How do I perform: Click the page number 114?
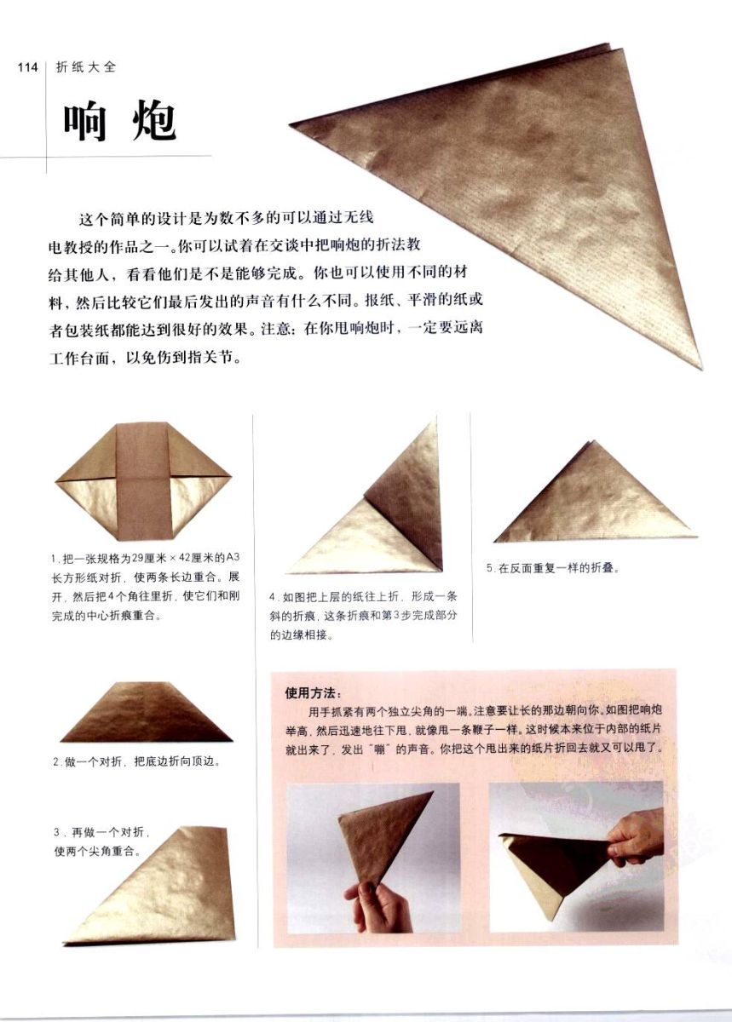coord(27,67)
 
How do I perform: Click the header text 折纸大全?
coord(86,67)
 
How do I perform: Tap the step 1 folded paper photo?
coord(143,482)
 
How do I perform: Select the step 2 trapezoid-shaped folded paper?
coord(146,712)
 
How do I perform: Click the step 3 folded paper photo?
coord(151,885)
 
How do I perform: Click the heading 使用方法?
coord(313,693)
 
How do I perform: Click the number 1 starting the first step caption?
coord(54,559)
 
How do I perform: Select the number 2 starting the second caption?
coord(55,761)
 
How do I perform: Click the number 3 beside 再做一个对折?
coord(56,832)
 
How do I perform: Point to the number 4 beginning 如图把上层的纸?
coord(272,597)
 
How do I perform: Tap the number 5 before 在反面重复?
coord(489,568)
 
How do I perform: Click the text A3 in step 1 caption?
coord(233,558)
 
